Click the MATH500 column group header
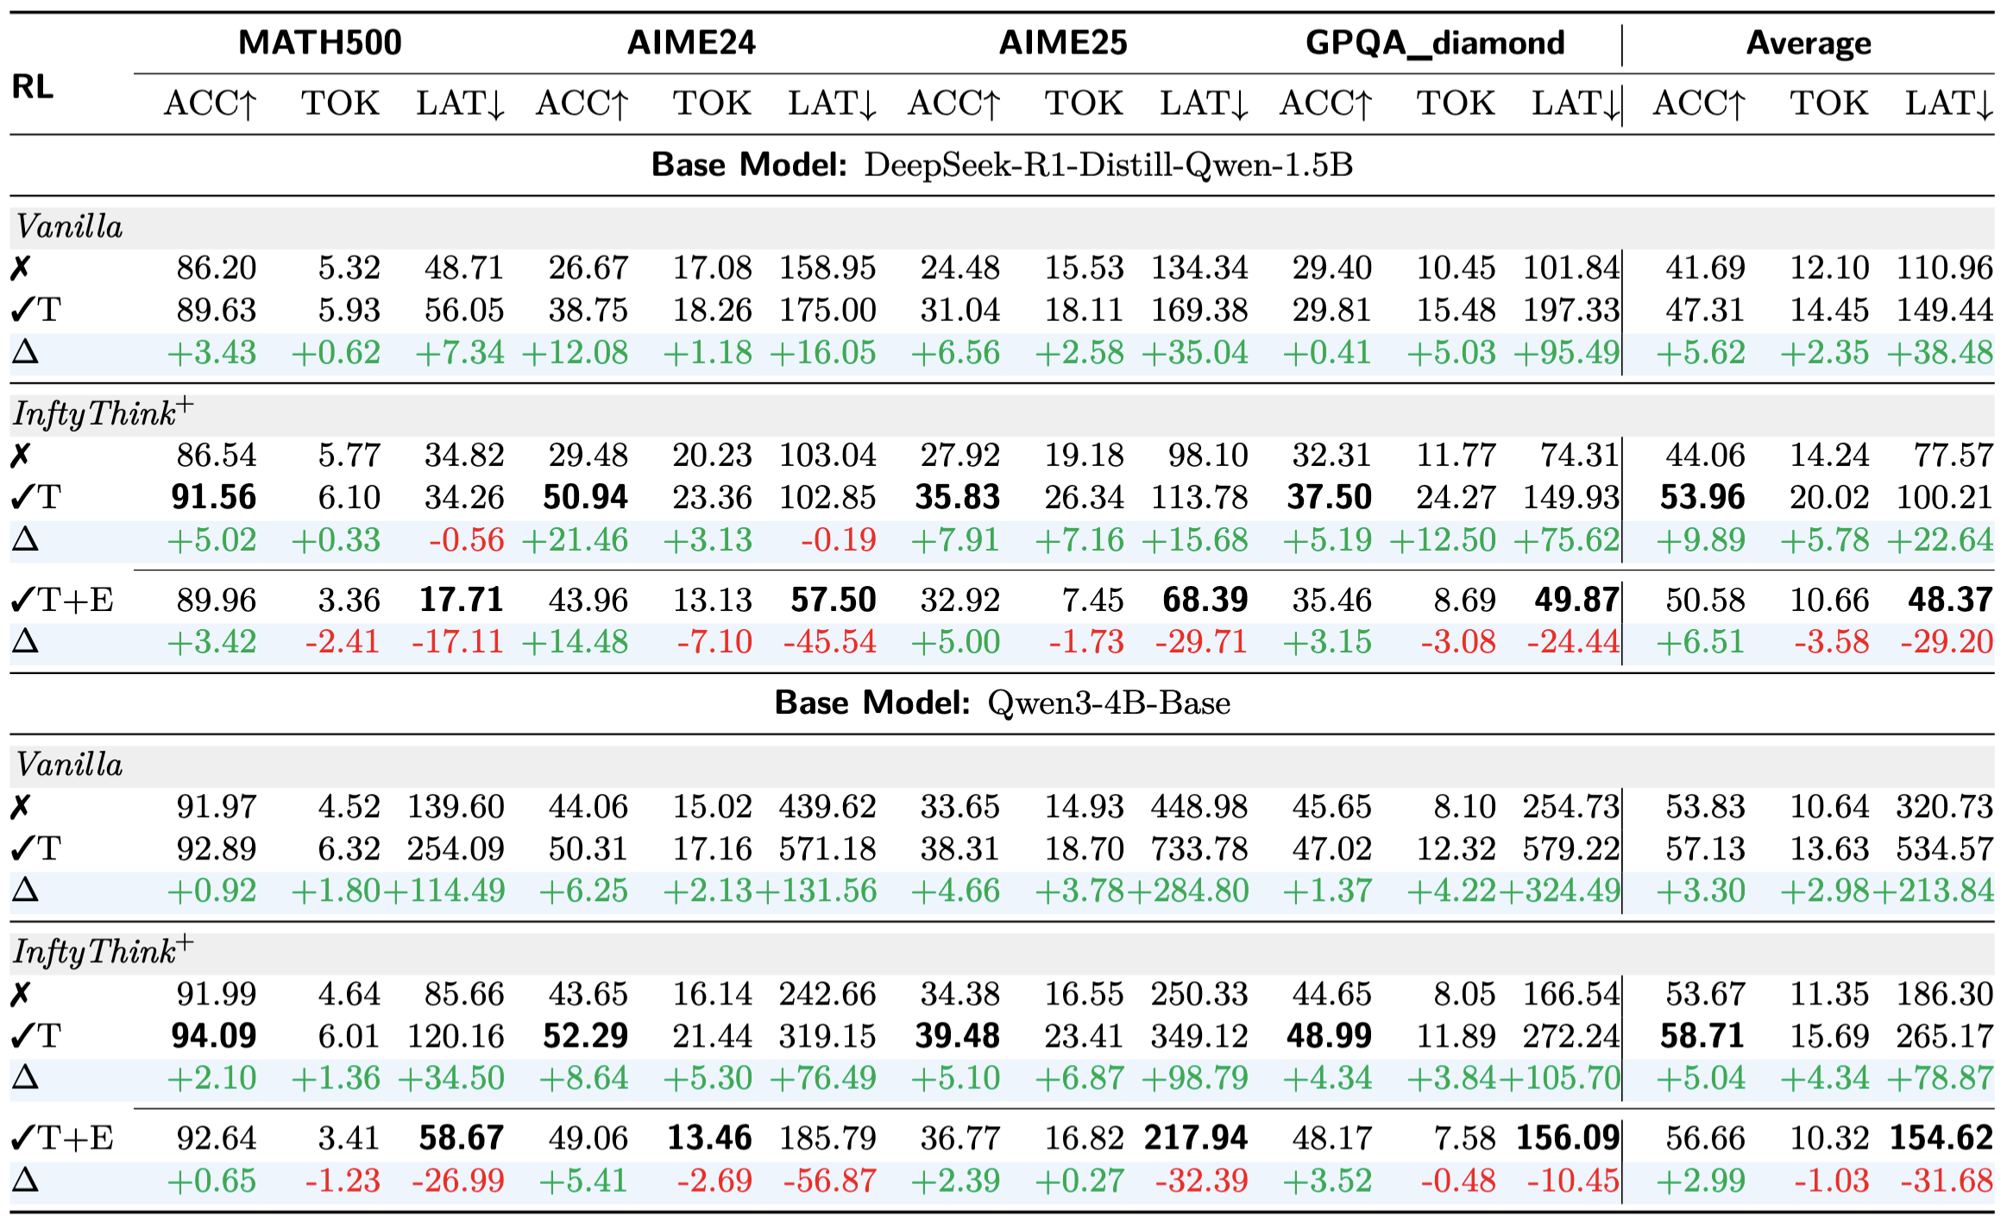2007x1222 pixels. (319, 42)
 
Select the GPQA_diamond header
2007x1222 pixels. (1434, 42)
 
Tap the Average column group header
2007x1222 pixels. (1809, 42)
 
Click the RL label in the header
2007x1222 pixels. (33, 86)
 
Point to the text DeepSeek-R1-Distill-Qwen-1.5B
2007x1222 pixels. (1108, 164)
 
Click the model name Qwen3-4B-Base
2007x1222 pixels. (1108, 702)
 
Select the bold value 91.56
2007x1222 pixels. (214, 497)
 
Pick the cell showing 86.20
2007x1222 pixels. (217, 268)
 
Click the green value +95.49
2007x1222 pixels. (1567, 352)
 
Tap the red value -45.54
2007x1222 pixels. (829, 641)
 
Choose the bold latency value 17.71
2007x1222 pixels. (462, 600)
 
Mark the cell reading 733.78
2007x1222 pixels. (1199, 848)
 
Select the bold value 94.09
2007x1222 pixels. (214, 1036)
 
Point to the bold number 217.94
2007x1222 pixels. (1196, 1137)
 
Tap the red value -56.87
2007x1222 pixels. (829, 1180)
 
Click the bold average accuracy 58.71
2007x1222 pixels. (1702, 1036)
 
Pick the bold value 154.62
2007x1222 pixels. (1941, 1137)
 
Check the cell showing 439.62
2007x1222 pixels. (827, 806)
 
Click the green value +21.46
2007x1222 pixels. (576, 539)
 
